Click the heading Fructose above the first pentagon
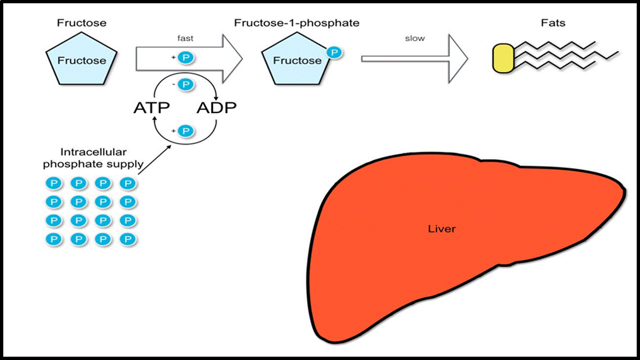(82, 23)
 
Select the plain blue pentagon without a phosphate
(82, 61)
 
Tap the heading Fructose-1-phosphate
(296, 23)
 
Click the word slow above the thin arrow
(414, 39)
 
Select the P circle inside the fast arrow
(186, 57)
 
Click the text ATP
(152, 107)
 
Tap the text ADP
(216, 107)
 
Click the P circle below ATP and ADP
(185, 131)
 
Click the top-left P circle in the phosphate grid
(54, 184)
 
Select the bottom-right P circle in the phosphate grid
(128, 239)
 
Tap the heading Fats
(553, 23)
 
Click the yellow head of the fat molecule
(504, 58)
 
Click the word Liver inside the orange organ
(442, 229)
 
